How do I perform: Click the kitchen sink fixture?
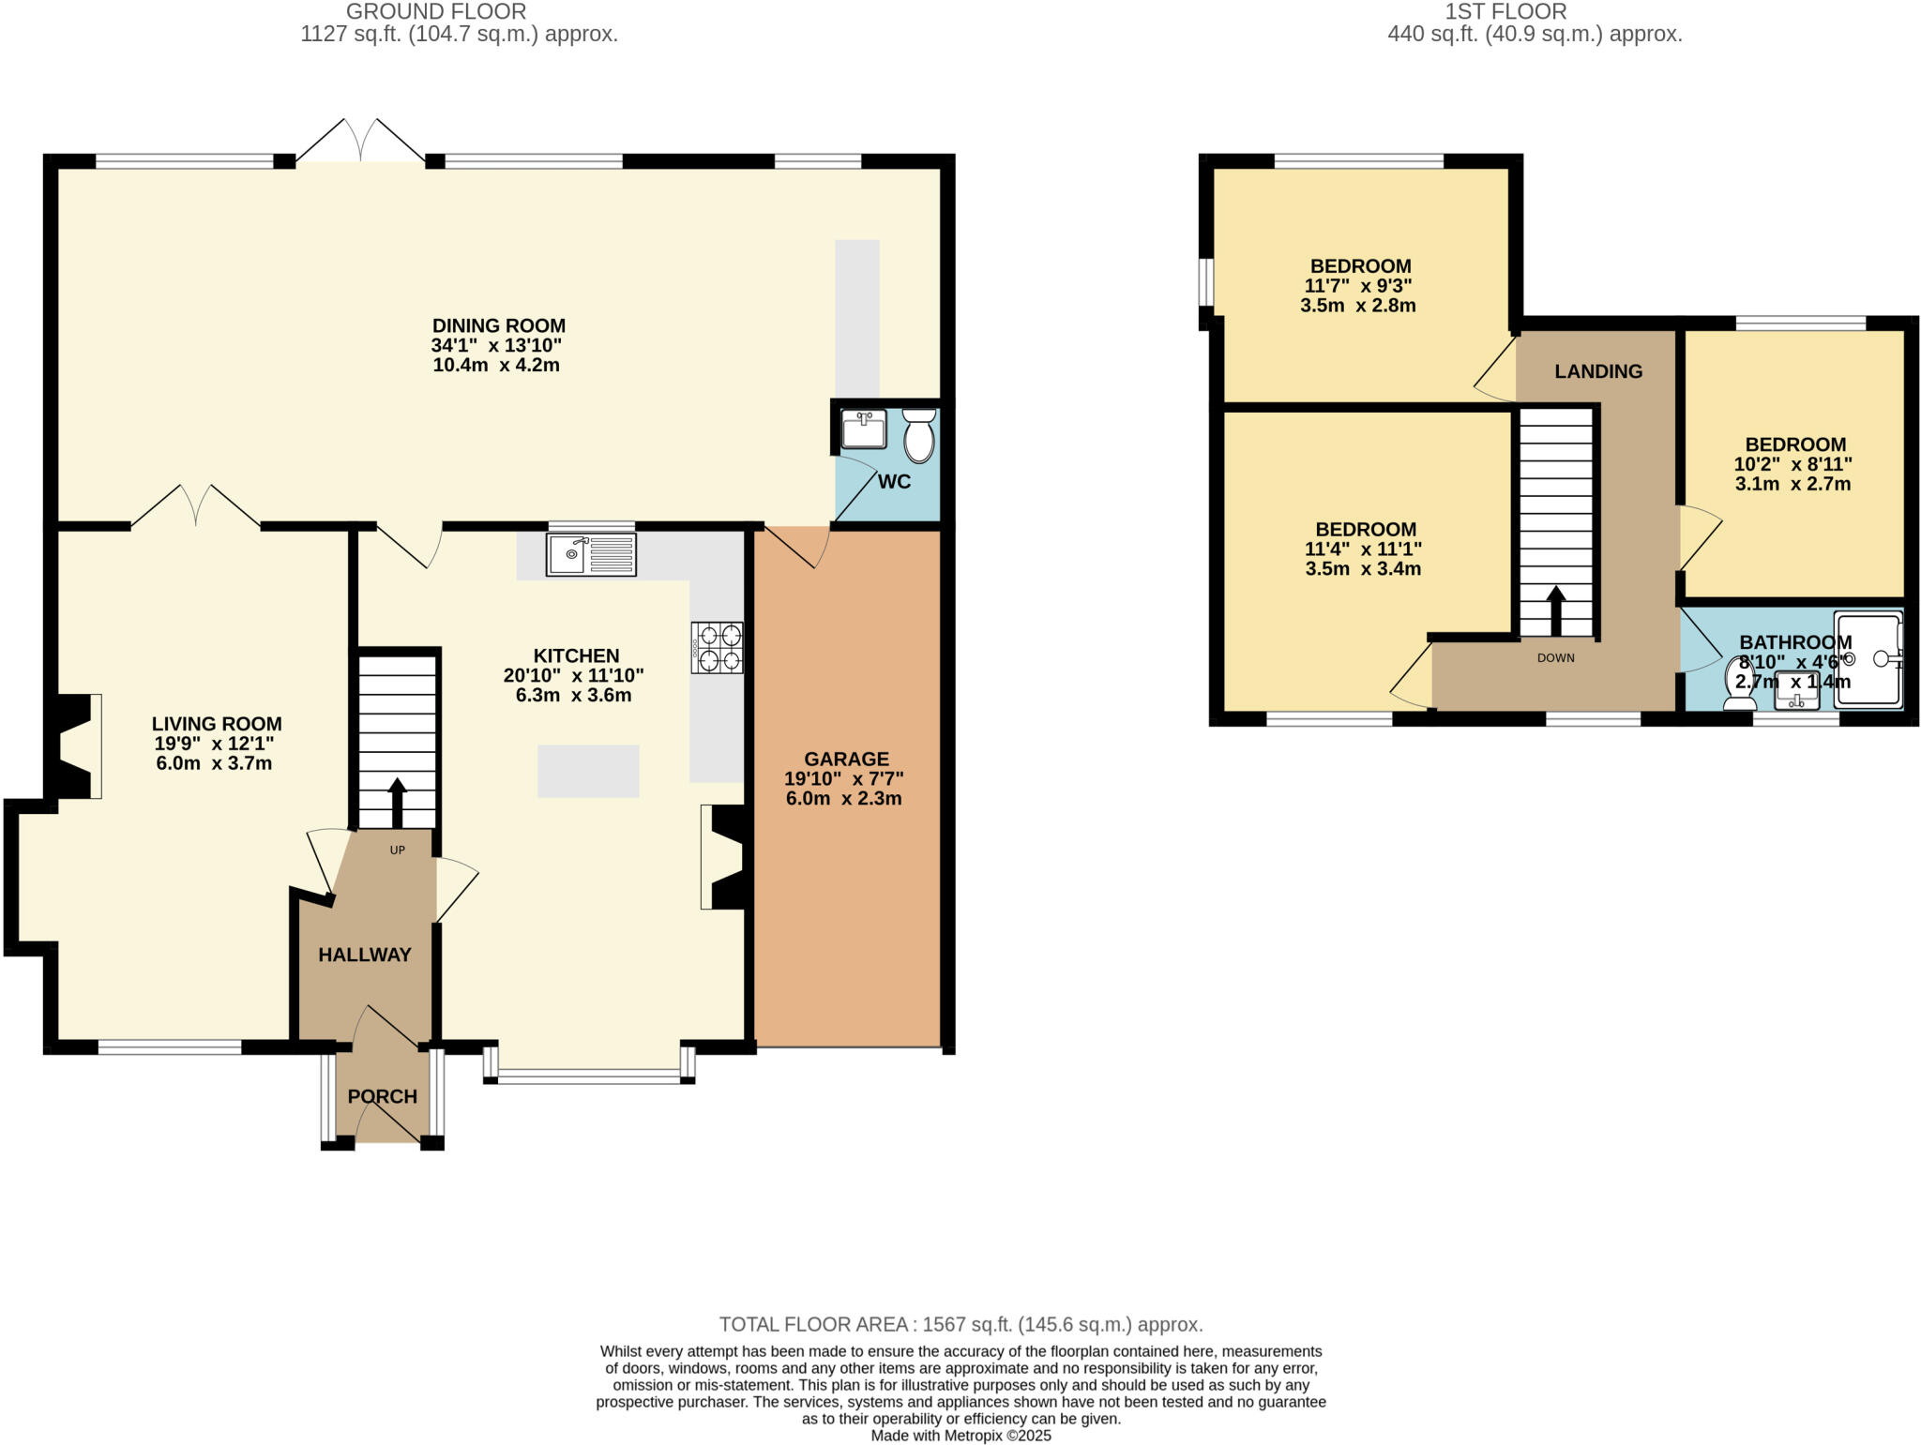[591, 553]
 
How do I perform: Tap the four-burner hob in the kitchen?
[718, 647]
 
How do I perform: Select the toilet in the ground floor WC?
[919, 435]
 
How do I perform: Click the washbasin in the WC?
[863, 429]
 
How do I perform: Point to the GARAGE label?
[846, 759]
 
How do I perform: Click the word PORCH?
[382, 1096]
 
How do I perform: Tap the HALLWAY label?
[364, 955]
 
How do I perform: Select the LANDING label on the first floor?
[1598, 371]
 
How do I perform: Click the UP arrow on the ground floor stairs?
[397, 802]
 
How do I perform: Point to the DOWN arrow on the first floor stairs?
[1556, 610]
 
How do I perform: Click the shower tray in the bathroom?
[1868, 658]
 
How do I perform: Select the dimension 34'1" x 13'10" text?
[496, 345]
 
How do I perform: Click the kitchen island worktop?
[588, 771]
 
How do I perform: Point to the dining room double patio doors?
[360, 143]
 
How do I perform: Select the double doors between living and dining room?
[195, 506]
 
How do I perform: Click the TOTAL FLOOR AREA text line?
[960, 1324]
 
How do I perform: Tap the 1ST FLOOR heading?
[1505, 12]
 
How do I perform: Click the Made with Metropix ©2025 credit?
[960, 1436]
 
